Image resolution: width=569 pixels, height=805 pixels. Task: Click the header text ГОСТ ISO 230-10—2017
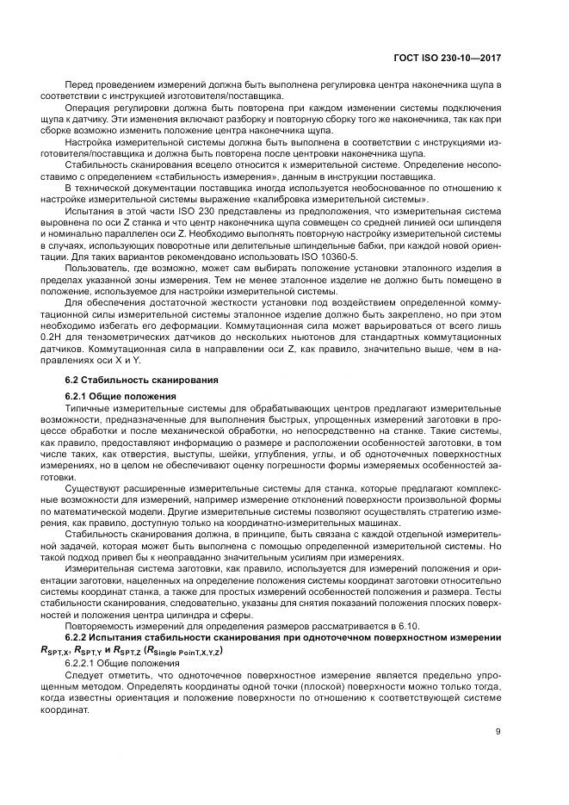[448, 58]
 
